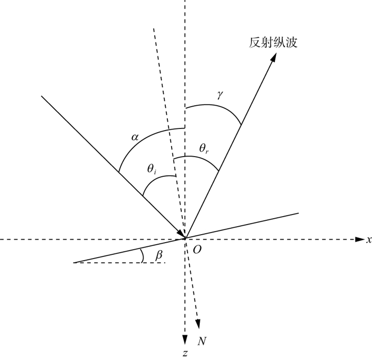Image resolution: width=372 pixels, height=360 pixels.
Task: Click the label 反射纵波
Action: pyautogui.click(x=273, y=43)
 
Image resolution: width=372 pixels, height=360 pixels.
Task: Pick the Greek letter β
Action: pyautogui.click(x=158, y=255)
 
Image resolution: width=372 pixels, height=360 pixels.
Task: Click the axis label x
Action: pyautogui.click(x=368, y=240)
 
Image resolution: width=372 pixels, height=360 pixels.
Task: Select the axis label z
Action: pyautogui.click(x=184, y=352)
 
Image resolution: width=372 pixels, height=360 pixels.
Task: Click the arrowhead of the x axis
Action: pyautogui.click(x=359, y=239)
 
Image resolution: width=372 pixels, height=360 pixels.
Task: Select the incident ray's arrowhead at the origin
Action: pyautogui.click(x=181, y=235)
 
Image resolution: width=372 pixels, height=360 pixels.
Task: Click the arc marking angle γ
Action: pyautogui.click(x=218, y=107)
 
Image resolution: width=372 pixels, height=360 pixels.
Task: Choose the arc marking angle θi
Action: pyautogui.click(x=155, y=179)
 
